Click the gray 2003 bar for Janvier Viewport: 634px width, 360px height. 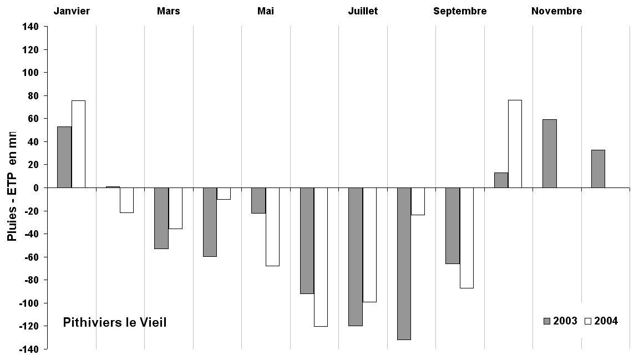[64, 157]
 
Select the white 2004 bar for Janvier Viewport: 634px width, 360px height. [78, 144]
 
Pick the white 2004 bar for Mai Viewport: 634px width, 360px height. [272, 227]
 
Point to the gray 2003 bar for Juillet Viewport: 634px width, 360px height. [356, 257]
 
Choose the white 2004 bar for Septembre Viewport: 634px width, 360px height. [466, 238]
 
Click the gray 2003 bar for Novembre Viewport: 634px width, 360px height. [550, 154]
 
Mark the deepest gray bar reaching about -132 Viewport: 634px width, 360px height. [404, 263]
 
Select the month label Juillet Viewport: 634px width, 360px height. [363, 11]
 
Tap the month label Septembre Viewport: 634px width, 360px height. [460, 11]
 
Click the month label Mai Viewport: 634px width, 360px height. [266, 11]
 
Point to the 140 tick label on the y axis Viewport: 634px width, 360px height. [31, 27]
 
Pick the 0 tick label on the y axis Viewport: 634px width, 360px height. [35, 187]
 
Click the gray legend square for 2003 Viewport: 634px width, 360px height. [547, 321]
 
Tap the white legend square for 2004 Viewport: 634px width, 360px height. [589, 321]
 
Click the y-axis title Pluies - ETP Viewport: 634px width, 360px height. [12, 186]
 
